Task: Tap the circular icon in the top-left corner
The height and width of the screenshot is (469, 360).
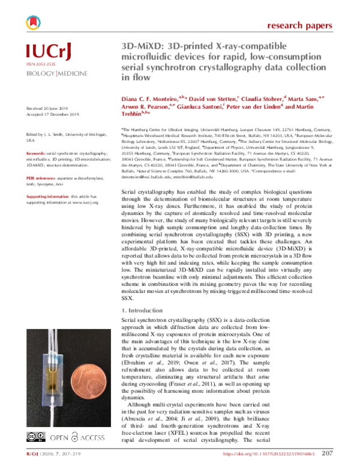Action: [x=34, y=23]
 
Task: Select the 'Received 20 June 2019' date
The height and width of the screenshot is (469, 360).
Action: [x=49, y=109]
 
